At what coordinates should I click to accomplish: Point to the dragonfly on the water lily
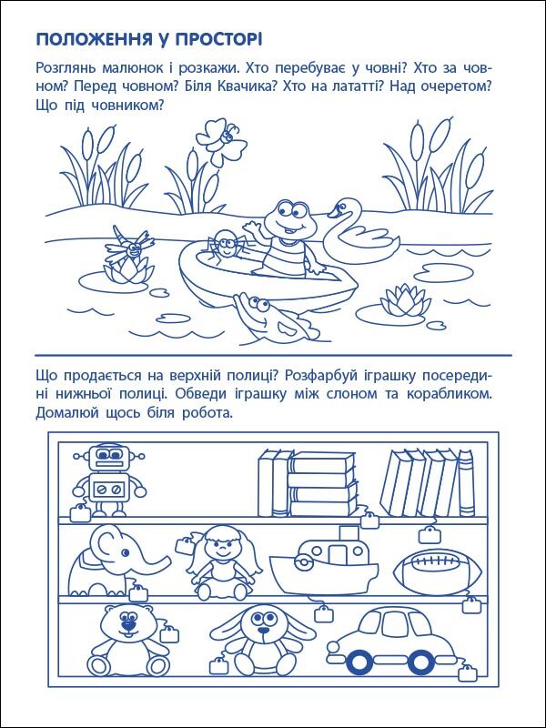pyautogui.click(x=127, y=245)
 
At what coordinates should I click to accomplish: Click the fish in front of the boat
pyautogui.click(x=274, y=318)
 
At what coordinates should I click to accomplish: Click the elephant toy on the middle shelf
pyautogui.click(x=115, y=561)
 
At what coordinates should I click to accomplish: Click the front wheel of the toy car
pyautogui.click(x=359, y=662)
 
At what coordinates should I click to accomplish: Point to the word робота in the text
pyautogui.click(x=207, y=412)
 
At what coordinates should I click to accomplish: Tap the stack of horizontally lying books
pyautogui.click(x=323, y=484)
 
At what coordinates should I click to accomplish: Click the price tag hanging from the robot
pyautogui.click(x=80, y=513)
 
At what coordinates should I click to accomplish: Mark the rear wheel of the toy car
pyautogui.click(x=421, y=662)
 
